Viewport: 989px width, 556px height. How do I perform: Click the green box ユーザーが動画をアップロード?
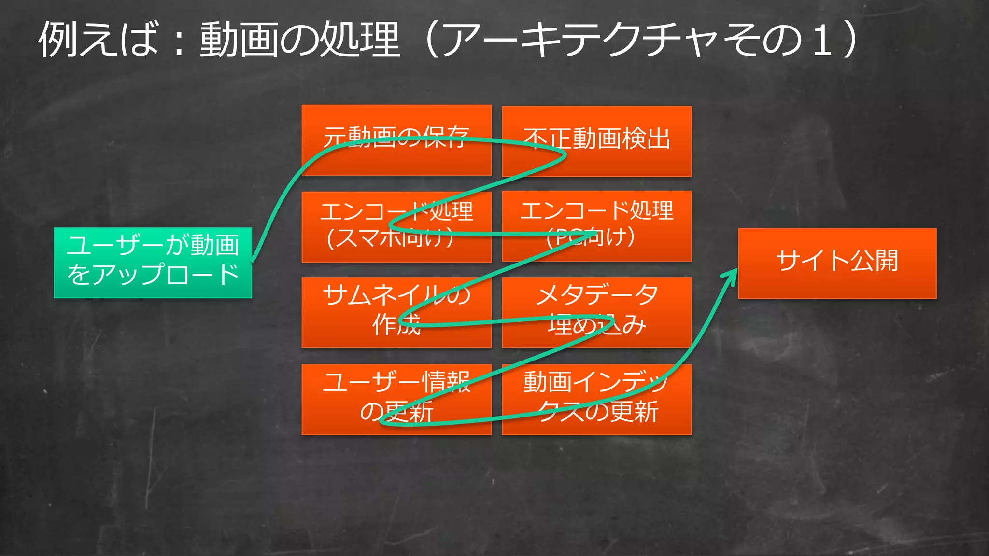pos(153,263)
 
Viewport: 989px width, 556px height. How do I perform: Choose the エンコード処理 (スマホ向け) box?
pos(396,227)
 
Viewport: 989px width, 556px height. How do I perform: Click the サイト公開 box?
pos(837,263)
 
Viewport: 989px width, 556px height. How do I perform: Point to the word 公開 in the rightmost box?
pos(874,261)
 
